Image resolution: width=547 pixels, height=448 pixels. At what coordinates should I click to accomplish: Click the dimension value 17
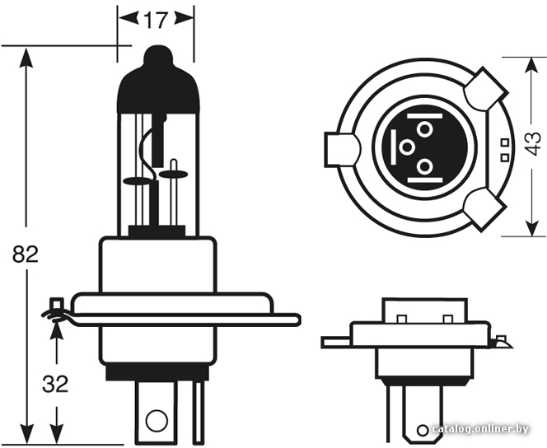pos(156,21)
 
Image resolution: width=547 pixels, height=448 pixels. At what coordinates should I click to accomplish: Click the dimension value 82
pos(25,254)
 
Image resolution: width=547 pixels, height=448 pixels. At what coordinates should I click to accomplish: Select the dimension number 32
pos(55,385)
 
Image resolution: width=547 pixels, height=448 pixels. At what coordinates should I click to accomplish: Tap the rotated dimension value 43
pos(533,143)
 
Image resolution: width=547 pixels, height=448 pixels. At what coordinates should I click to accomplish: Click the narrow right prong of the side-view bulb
pos(199,413)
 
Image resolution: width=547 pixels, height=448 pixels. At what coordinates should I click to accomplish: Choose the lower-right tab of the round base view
pos(485,209)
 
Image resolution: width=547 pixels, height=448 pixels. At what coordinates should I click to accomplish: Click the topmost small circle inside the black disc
pos(424,130)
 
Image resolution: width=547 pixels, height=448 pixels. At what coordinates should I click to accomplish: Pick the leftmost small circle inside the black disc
pos(407,147)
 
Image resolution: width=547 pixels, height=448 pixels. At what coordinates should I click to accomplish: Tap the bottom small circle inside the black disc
pos(424,166)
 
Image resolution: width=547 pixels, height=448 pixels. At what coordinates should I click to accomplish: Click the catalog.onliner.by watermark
pos(480,429)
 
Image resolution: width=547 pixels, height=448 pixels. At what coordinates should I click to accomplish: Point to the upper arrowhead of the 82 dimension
pos(26,58)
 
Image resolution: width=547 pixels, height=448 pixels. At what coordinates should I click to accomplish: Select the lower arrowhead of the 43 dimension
pos(531,226)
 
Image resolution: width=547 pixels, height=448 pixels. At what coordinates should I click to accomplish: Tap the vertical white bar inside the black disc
pos(394,147)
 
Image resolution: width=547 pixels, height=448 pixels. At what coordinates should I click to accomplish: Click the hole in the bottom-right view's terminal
pos(423,430)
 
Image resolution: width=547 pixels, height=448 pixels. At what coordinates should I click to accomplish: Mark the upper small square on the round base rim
pos(504,142)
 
